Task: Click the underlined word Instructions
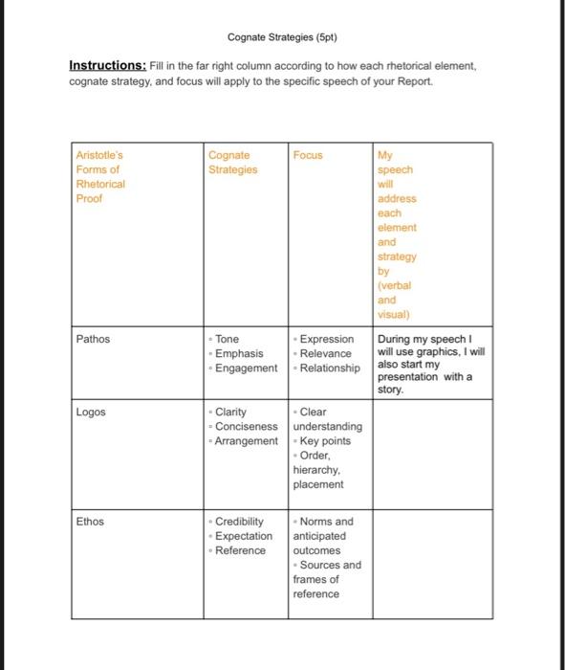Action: click(x=106, y=66)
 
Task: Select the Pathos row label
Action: click(x=94, y=339)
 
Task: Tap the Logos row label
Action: click(x=92, y=413)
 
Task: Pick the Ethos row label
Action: click(x=92, y=522)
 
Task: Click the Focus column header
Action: click(x=309, y=155)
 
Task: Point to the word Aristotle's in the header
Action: click(x=99, y=155)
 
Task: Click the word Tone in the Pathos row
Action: click(x=228, y=339)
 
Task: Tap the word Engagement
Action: click(x=246, y=368)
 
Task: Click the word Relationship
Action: click(x=330, y=368)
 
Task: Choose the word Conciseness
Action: click(x=246, y=427)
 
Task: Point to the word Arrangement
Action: click(x=248, y=441)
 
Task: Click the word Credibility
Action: click(x=240, y=522)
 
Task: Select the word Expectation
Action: click(x=244, y=536)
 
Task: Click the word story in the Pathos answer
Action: click(x=390, y=391)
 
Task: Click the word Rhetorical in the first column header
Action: click(x=100, y=184)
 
